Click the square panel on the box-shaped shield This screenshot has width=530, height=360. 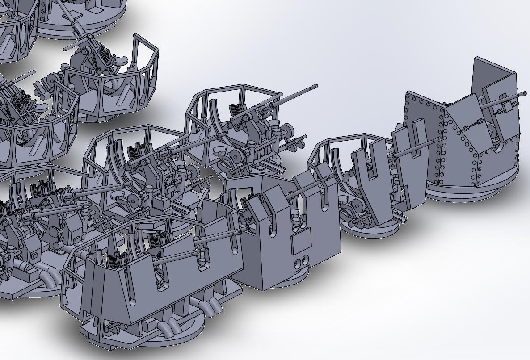pos(301,241)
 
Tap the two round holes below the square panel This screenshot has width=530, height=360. pos(301,260)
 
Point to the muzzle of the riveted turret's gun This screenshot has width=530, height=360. pos(524,94)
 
